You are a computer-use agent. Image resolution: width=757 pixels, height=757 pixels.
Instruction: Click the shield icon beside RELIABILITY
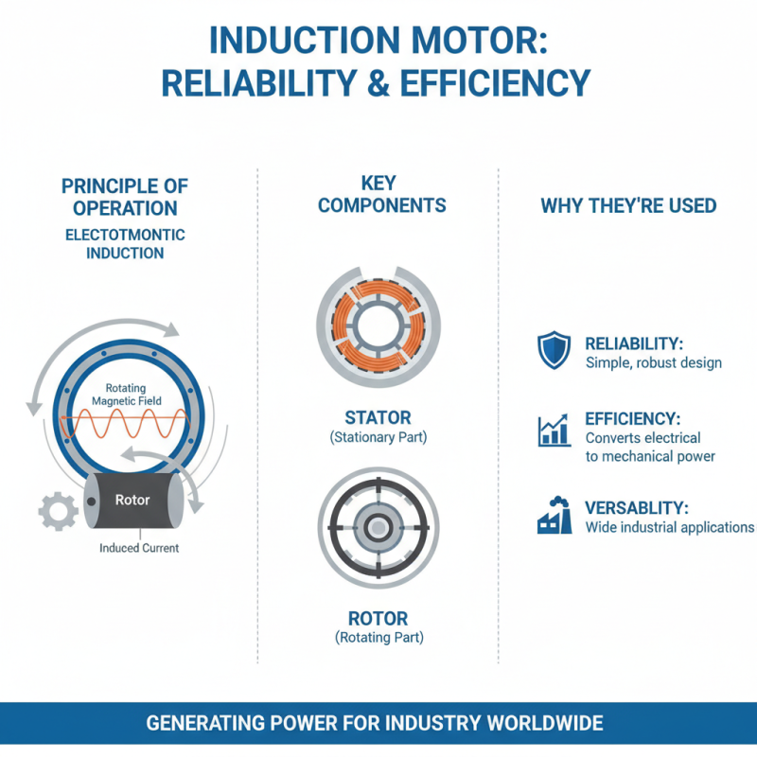tap(554, 350)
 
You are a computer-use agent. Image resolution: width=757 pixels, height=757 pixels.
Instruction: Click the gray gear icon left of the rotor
tap(57, 511)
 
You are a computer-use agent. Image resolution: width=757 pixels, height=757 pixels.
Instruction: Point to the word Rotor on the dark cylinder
tap(132, 500)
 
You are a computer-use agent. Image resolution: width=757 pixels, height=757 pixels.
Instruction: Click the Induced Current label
tap(139, 548)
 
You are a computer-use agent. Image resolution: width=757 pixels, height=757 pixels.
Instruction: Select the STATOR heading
tap(378, 416)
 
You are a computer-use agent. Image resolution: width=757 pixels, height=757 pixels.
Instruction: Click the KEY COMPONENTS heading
tap(381, 193)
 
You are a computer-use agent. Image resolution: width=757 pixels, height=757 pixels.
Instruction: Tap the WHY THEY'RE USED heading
tap(627, 205)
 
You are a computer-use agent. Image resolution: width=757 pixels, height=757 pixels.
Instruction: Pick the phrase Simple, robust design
tap(653, 362)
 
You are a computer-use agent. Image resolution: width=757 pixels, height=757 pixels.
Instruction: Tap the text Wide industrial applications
tap(669, 526)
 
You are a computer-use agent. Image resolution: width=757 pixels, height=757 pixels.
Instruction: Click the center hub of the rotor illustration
tap(378, 528)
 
